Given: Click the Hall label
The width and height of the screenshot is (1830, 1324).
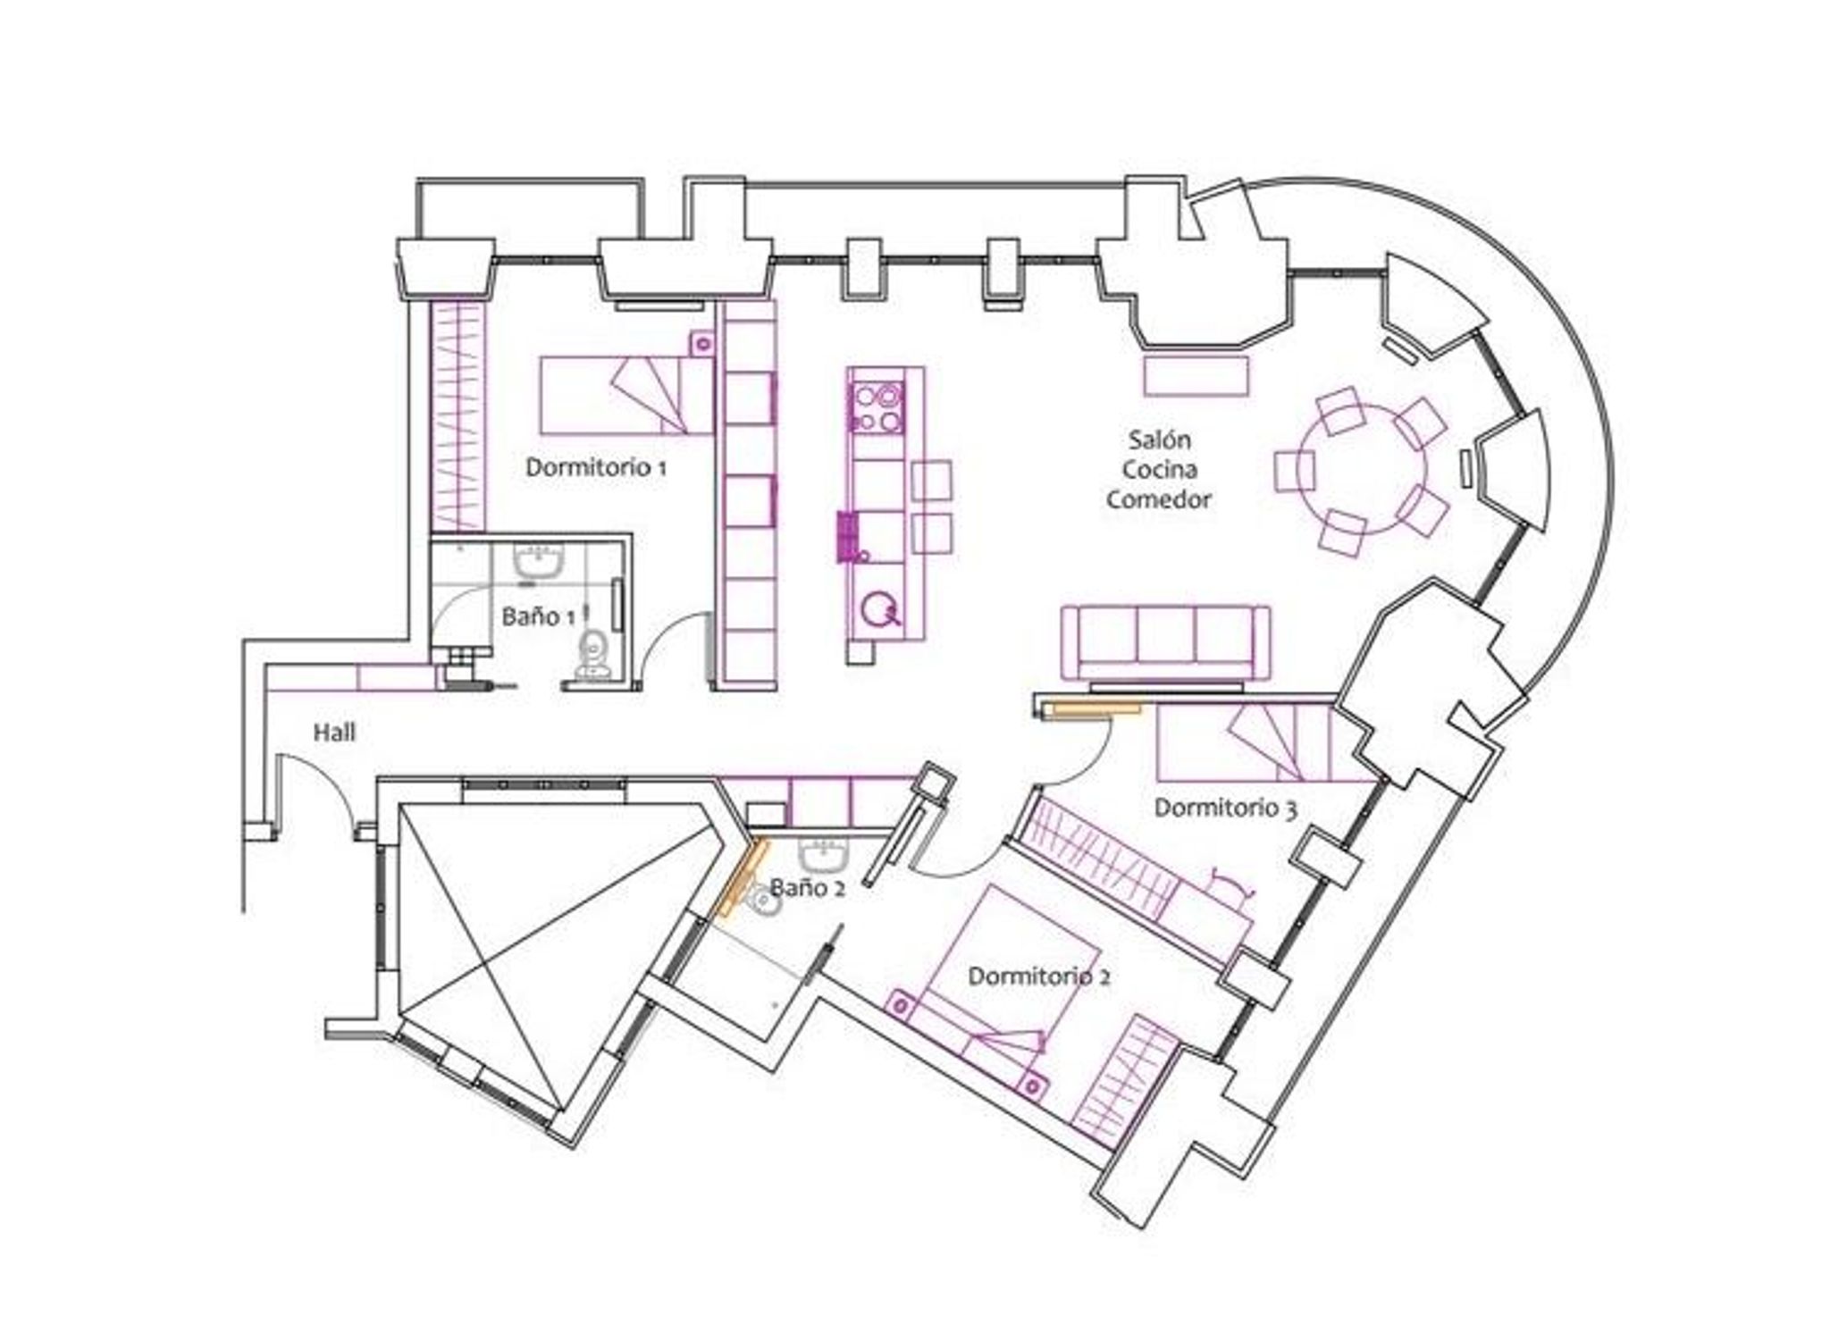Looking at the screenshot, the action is pyautogui.click(x=334, y=733).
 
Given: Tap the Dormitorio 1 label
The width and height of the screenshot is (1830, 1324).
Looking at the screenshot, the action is pyautogui.click(x=596, y=467).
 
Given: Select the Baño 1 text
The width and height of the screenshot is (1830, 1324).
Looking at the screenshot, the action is pyautogui.click(x=538, y=616).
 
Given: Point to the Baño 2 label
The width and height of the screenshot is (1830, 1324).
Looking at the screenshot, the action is pyautogui.click(x=807, y=887).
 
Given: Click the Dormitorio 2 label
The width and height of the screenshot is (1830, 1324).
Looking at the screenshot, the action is pyautogui.click(x=1039, y=976).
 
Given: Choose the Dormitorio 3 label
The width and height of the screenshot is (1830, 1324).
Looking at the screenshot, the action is pyautogui.click(x=1226, y=808).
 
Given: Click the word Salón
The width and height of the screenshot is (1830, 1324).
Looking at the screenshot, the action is pyautogui.click(x=1159, y=440).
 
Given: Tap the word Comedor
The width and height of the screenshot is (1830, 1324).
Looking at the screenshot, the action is pyautogui.click(x=1159, y=499).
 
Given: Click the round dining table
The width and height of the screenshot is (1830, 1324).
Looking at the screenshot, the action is pyautogui.click(x=1363, y=469).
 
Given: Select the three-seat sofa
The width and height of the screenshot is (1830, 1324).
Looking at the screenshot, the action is pyautogui.click(x=1165, y=642).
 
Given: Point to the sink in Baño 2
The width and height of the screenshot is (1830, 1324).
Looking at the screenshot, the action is pyautogui.click(x=824, y=855).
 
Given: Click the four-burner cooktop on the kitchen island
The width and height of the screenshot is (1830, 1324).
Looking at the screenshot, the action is pyautogui.click(x=877, y=407).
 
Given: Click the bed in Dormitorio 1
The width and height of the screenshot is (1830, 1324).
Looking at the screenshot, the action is pyautogui.click(x=626, y=396).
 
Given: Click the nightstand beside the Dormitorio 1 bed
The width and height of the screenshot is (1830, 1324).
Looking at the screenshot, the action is pyautogui.click(x=702, y=343).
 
